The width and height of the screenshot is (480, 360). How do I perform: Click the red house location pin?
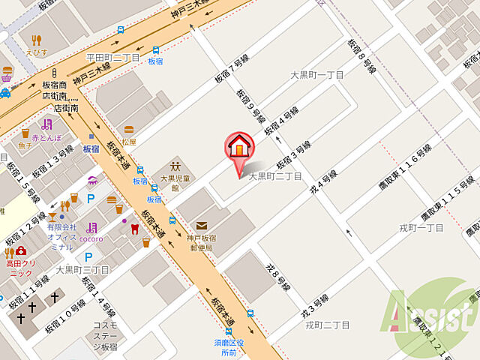[x=239, y=146]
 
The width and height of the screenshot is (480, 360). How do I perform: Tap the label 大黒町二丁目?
[x=275, y=176]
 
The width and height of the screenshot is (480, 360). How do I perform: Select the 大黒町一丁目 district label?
[x=317, y=75]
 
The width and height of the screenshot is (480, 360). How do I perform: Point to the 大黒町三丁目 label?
[x=82, y=269]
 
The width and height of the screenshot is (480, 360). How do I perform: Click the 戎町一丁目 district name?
[x=421, y=227]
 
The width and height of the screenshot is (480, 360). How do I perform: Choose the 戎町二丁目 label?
[x=328, y=325]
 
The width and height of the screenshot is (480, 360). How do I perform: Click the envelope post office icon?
[x=202, y=226]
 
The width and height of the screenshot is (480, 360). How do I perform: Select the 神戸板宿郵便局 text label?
[x=202, y=242]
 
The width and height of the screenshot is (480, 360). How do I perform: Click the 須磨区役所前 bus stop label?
[x=229, y=347]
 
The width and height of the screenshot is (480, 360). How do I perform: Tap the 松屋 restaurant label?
[x=129, y=142]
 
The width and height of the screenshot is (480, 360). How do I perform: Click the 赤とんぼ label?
[x=46, y=137]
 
